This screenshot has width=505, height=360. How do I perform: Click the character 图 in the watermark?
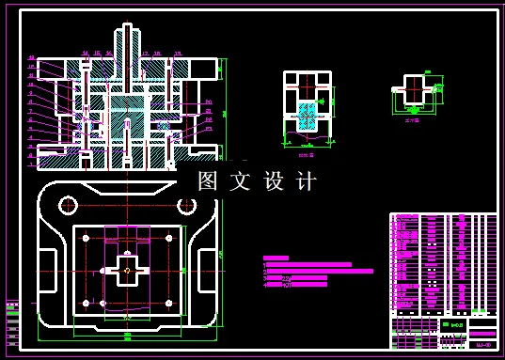click(x=208, y=181)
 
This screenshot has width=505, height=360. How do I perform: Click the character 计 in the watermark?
click(x=307, y=181)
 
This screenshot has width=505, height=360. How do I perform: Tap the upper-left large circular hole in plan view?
click(x=67, y=204)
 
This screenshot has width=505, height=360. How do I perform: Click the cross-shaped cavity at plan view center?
click(x=127, y=270)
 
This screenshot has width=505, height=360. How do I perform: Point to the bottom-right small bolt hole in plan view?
click(x=168, y=303)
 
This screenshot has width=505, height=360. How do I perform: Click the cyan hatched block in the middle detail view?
click(x=308, y=117)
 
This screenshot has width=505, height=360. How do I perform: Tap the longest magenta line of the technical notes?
click(x=320, y=271)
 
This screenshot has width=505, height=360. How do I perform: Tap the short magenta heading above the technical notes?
click(x=276, y=257)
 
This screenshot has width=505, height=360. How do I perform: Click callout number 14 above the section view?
click(x=86, y=54)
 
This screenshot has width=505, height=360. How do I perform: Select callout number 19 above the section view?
click(x=177, y=54)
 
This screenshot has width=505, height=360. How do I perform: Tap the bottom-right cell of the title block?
click(x=482, y=345)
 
